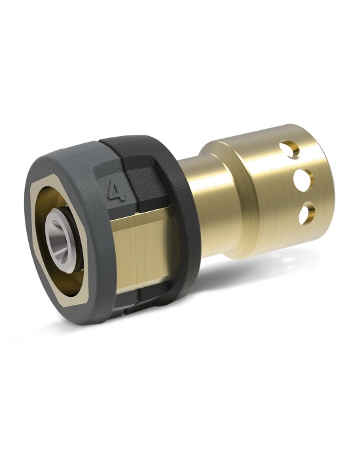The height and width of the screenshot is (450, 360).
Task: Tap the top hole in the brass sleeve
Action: click(x=290, y=149)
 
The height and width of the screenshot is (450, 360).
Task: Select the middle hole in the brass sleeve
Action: click(x=303, y=179)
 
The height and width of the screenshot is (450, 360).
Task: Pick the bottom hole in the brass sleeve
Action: click(x=306, y=213)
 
